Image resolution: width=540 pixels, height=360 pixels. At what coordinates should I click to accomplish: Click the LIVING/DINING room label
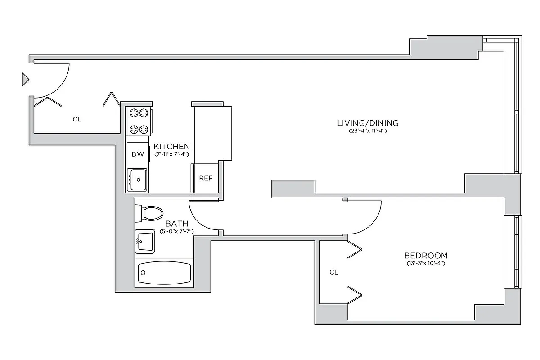click(x=368, y=123)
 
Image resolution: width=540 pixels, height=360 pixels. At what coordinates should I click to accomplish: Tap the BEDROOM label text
click(x=425, y=256)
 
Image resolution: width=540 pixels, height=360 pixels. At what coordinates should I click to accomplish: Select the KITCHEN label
click(x=171, y=147)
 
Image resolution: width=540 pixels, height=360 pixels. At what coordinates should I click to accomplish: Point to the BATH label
click(x=176, y=224)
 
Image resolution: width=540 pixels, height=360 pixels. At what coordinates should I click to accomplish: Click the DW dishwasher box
click(x=137, y=154)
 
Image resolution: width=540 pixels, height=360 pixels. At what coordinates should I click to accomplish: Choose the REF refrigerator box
click(x=206, y=178)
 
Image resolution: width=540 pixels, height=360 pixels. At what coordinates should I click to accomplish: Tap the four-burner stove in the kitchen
click(x=139, y=121)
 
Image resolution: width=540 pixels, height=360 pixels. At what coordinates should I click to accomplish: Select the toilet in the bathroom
click(x=148, y=213)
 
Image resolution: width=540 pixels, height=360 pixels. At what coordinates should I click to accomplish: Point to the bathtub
click(x=164, y=272)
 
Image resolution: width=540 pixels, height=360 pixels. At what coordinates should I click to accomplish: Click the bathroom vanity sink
click(x=144, y=242)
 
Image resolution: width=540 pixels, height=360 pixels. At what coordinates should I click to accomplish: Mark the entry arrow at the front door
click(x=26, y=80)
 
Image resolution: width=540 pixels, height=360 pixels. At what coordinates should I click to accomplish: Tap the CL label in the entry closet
click(x=77, y=119)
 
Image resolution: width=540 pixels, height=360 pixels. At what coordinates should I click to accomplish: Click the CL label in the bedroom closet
click(x=333, y=272)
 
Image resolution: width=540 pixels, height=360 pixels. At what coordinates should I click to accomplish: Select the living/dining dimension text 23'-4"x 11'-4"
click(x=368, y=131)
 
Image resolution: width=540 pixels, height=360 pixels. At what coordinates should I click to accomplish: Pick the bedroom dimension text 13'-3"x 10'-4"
click(x=425, y=263)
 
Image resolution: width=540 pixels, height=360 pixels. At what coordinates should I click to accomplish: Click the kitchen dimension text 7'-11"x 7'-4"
click(x=171, y=154)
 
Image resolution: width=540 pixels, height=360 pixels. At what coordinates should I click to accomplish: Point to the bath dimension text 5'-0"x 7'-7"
click(x=176, y=231)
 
